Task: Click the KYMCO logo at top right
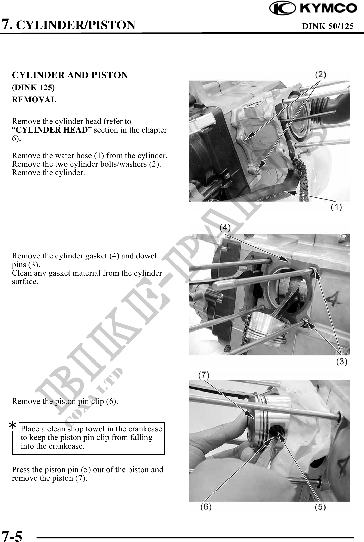click(313, 8)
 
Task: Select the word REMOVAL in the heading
click(34, 99)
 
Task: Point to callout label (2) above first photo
click(320, 75)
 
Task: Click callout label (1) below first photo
click(336, 207)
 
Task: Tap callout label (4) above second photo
click(225, 227)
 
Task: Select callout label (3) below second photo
click(342, 362)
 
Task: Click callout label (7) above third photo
click(204, 375)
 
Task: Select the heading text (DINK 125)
click(33, 88)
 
